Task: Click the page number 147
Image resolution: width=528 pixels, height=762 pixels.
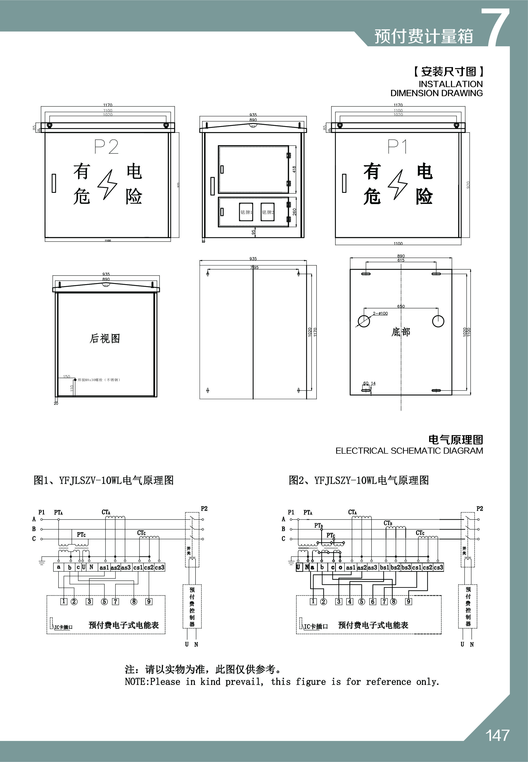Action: pos(497,735)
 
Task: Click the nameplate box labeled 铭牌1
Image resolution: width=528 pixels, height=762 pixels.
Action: pos(246,212)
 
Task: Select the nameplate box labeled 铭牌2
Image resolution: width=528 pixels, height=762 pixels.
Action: pos(268,212)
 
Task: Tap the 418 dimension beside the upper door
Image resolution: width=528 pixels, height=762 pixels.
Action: pos(294,169)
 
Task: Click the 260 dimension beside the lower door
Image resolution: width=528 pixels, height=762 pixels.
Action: pos(294,212)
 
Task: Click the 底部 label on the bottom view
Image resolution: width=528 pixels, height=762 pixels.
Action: pos(401,332)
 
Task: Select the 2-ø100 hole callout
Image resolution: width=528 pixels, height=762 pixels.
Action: pos(380,313)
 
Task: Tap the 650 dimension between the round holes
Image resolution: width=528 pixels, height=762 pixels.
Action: pos(401,306)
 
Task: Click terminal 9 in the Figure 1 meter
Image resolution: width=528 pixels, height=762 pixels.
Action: pos(149,601)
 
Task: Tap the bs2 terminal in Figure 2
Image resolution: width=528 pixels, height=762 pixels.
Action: pos(395,567)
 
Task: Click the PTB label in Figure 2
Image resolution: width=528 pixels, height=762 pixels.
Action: pos(319,525)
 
